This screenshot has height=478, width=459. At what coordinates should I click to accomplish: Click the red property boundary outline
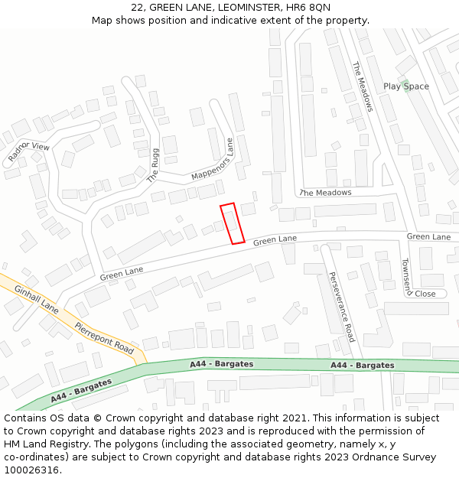[232, 223]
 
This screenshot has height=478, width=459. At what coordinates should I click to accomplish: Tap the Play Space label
[406, 86]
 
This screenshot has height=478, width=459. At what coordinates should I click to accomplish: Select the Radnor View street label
[28, 151]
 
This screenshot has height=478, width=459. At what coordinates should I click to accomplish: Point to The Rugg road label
[154, 165]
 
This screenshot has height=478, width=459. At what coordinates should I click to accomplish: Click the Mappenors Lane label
[212, 161]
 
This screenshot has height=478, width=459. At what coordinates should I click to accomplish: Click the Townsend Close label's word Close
[425, 294]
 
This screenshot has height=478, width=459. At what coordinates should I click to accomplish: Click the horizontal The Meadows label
[326, 193]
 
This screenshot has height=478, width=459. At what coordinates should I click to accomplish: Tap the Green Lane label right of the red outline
[275, 240]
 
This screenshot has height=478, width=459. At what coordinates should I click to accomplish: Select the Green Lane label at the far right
[428, 237]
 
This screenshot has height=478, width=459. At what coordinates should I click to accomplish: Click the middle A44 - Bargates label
[221, 364]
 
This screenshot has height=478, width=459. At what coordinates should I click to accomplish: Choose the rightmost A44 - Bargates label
[363, 366]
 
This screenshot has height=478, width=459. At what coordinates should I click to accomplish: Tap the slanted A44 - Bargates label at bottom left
[81, 390]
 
